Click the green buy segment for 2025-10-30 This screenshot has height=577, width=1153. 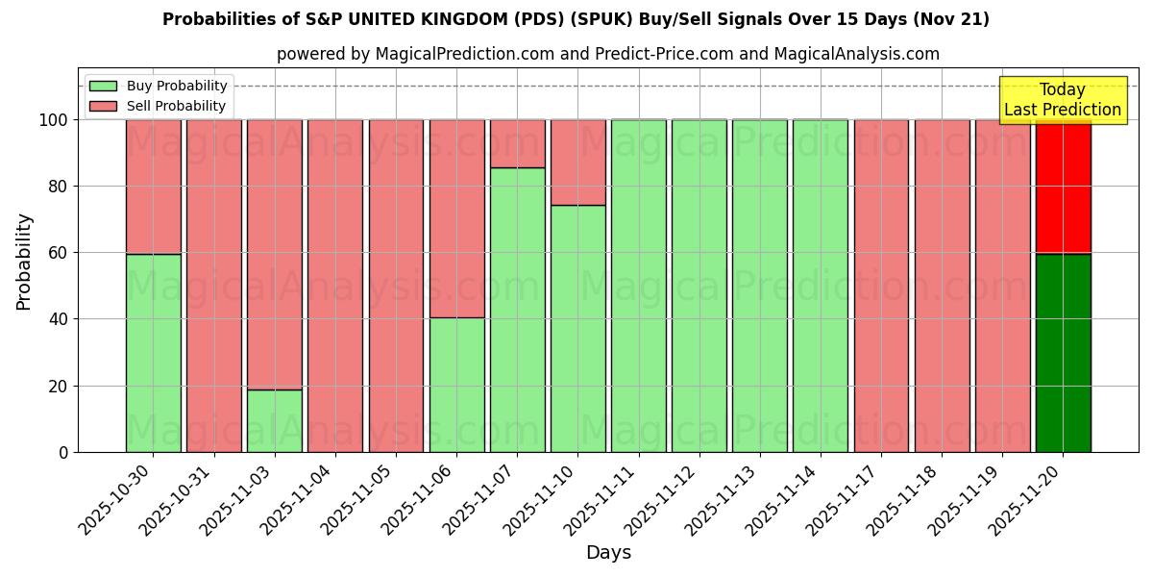coord(153,353)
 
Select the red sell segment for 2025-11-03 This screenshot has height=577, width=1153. coord(274,254)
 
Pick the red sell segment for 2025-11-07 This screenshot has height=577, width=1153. coord(517,143)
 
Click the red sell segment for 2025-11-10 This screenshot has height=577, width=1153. coord(577,162)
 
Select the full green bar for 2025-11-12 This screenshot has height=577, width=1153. coord(699,286)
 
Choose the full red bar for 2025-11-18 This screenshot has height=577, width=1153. coord(942,286)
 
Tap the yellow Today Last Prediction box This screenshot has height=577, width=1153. coord(1062,100)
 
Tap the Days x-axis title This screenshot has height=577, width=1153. coord(608,553)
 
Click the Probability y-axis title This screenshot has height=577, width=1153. coord(24,262)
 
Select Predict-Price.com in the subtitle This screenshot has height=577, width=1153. coord(650,54)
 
